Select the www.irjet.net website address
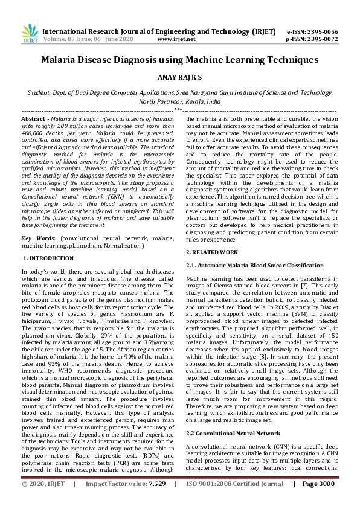pyautogui.click(x=176, y=39)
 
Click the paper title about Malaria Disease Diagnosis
pyautogui.click(x=179, y=60)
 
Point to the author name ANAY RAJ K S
pyautogui.click(x=179, y=78)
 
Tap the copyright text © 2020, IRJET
pyautogui.click(x=43, y=501)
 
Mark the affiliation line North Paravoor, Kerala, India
pyautogui.click(x=179, y=102)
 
